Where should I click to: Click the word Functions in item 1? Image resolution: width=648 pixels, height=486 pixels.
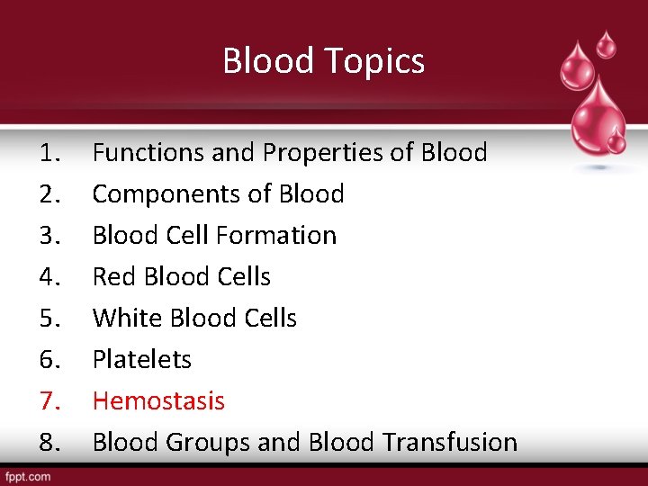148,153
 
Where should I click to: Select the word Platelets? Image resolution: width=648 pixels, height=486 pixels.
142,360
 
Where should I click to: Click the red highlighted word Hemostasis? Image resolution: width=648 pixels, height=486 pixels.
158,401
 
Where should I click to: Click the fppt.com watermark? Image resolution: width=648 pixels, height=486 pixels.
28,476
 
